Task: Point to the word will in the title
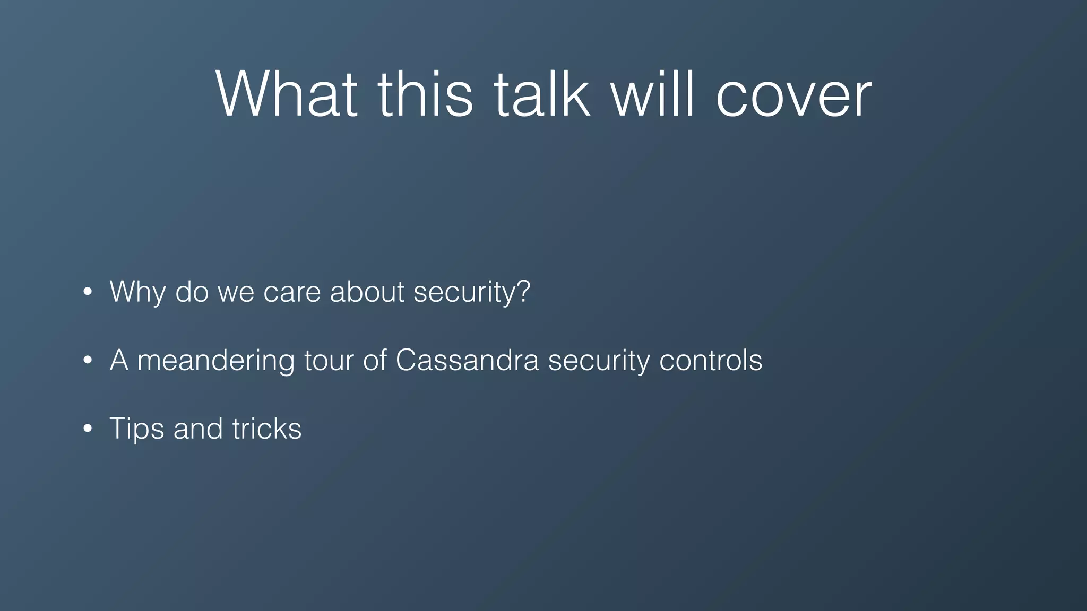652,94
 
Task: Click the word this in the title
425,94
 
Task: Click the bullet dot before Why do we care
88,292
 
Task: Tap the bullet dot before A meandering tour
88,361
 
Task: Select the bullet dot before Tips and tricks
88,429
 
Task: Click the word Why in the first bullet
137,292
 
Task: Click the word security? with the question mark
471,292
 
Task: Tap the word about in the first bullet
367,292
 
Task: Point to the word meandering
215,361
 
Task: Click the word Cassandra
467,361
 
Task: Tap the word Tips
136,429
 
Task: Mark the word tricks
266,429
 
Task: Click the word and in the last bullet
197,429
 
